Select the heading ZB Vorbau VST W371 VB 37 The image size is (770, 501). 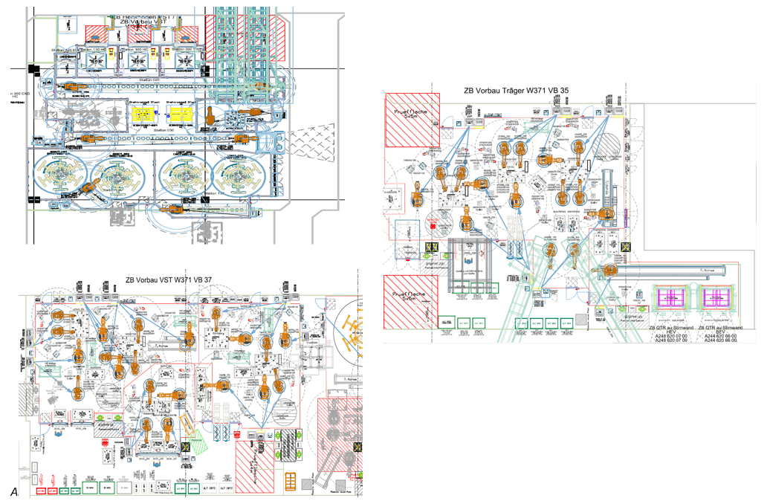click(x=169, y=279)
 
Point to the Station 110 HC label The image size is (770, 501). click(x=92, y=50)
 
